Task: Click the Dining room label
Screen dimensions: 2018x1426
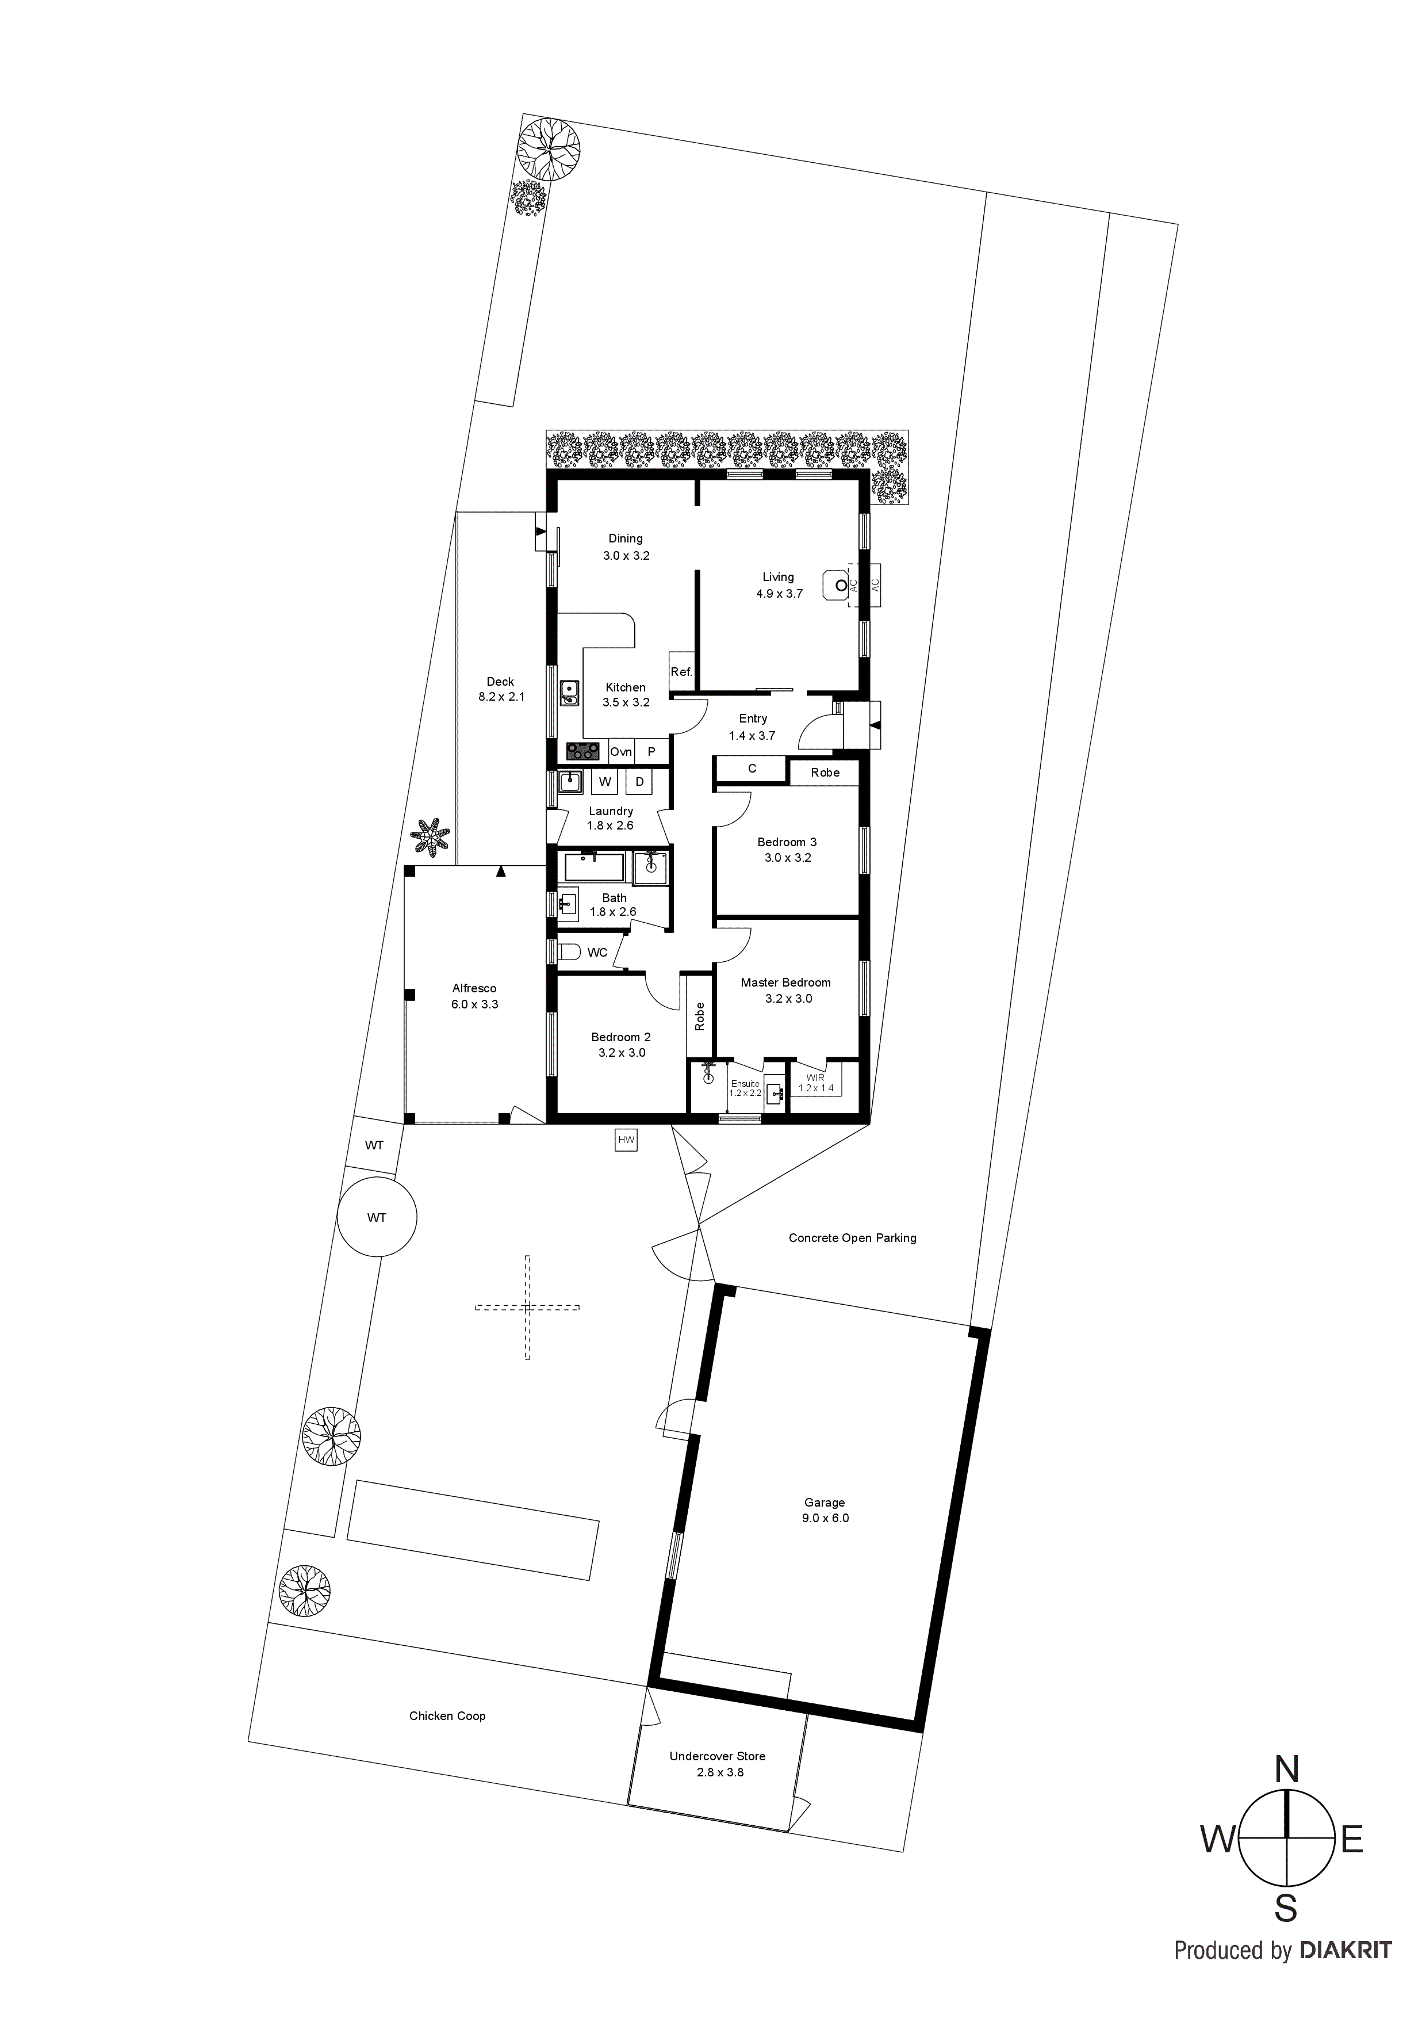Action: [x=626, y=539]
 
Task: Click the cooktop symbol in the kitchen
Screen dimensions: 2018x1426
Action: [x=582, y=751]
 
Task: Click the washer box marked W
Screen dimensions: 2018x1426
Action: [x=604, y=781]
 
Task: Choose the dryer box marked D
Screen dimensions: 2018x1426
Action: [x=639, y=781]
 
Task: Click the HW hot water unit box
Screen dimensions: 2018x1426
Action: [x=626, y=1140]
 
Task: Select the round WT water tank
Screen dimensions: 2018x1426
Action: [x=377, y=1217]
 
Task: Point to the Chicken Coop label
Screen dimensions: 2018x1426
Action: [x=447, y=1715]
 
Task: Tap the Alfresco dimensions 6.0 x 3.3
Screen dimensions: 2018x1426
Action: [x=474, y=1004]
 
